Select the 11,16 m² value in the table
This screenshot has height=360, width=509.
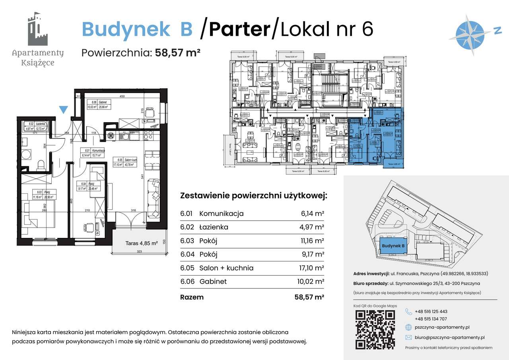(313, 241)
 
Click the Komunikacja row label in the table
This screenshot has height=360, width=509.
(221, 214)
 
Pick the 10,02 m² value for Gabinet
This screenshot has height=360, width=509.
(312, 281)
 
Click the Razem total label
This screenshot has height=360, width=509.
(192, 297)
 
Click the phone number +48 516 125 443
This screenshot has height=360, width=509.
(431, 311)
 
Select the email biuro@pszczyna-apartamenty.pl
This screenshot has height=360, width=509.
(449, 337)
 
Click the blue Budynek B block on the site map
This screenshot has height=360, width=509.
(393, 246)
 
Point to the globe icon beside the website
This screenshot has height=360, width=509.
(408, 327)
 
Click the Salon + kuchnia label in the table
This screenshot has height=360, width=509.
(226, 268)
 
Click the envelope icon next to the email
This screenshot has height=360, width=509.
(408, 337)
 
